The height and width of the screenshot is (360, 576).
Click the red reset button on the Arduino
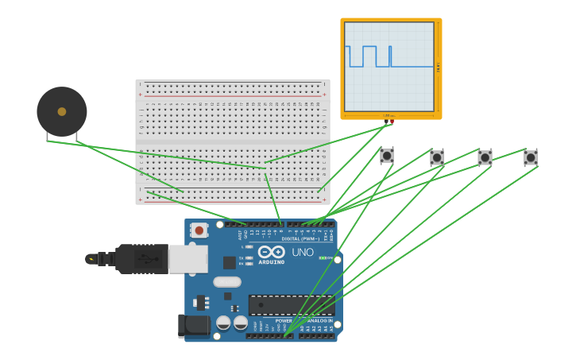pyautogui.click(x=199, y=230)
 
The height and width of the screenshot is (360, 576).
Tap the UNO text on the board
pyautogui.click(x=303, y=253)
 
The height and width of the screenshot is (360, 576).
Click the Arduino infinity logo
pyautogui.click(x=272, y=252)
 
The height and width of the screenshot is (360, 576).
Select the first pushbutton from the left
pyautogui.click(x=386, y=156)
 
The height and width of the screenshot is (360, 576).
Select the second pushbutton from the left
pyautogui.click(x=436, y=157)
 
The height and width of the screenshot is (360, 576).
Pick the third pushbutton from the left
pyautogui.click(x=485, y=157)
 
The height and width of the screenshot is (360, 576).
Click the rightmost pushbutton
pyautogui.click(x=531, y=157)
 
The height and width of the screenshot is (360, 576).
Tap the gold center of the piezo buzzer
pyautogui.click(x=62, y=111)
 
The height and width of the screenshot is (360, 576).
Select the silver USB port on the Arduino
pyautogui.click(x=188, y=259)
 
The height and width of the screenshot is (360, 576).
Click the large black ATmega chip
pyautogui.click(x=291, y=305)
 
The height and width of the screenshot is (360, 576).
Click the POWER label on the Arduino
pyautogui.click(x=284, y=321)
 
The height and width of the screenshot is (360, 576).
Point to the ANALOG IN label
pyautogui.click(x=319, y=321)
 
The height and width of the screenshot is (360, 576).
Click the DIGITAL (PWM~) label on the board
pyautogui.click(x=300, y=238)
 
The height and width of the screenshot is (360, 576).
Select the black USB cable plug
pyautogui.click(x=141, y=259)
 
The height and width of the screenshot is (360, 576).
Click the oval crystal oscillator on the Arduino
pyautogui.click(x=227, y=281)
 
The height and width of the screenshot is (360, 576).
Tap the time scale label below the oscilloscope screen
pyautogui.click(x=389, y=116)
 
